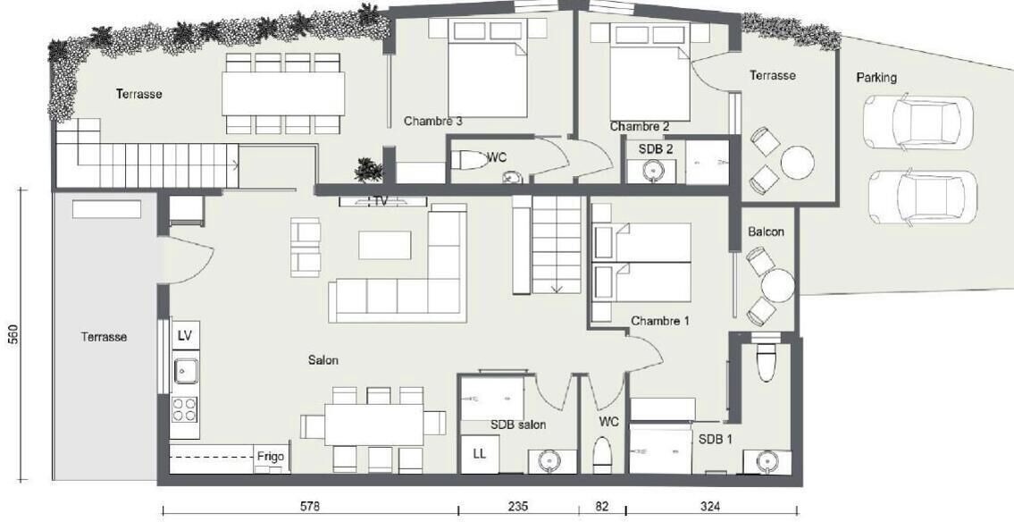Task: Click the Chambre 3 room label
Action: [432, 121]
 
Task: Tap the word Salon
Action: [323, 360]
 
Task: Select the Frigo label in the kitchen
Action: [271, 456]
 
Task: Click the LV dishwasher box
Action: [185, 336]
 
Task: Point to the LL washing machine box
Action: [479, 454]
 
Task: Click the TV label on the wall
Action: [381, 201]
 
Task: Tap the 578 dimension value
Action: [310, 506]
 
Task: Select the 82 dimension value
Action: [602, 506]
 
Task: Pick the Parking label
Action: [876, 78]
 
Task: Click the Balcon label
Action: [766, 232]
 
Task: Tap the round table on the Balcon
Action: [777, 285]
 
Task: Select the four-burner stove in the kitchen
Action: [184, 409]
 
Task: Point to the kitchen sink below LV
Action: [185, 371]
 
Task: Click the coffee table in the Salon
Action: [385, 245]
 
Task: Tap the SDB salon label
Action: [518, 425]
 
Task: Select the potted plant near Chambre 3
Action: [369, 170]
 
